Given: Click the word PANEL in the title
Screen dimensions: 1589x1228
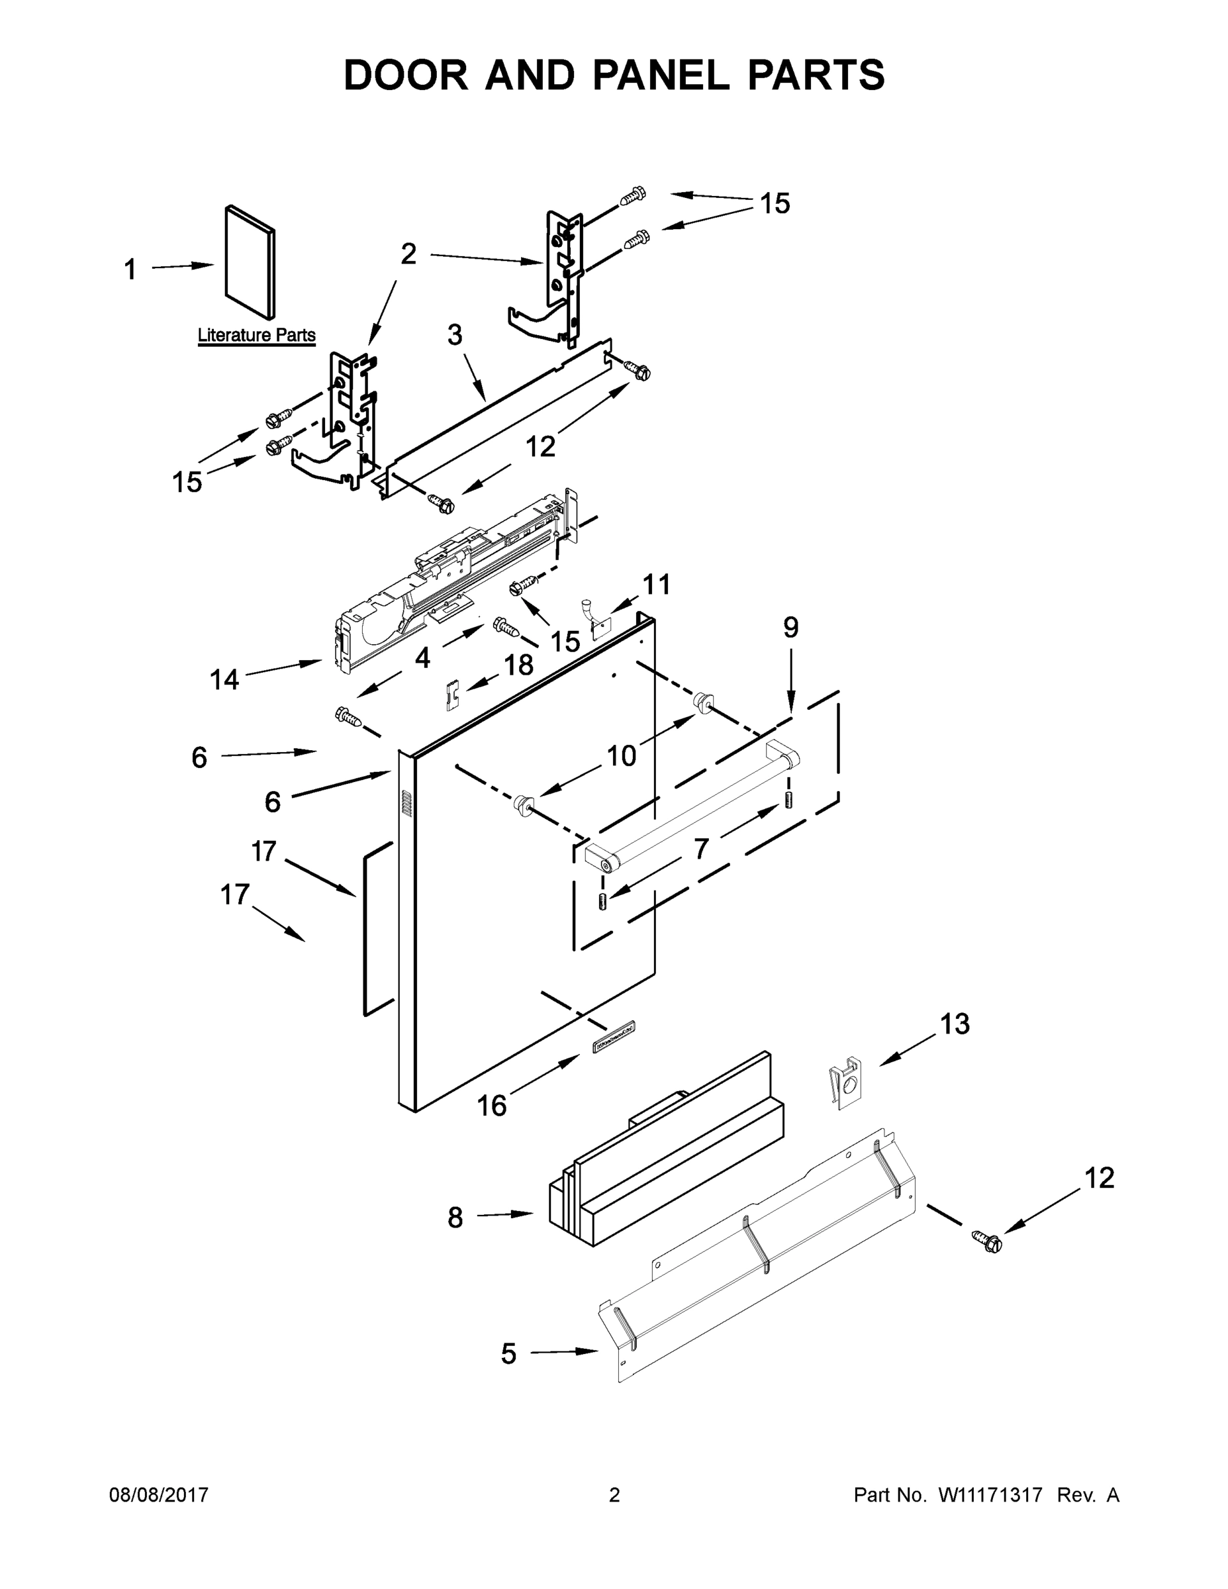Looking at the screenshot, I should (x=661, y=75).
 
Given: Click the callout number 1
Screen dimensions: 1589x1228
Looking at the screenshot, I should (x=130, y=271).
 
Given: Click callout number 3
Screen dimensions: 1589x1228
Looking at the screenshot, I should (x=455, y=336).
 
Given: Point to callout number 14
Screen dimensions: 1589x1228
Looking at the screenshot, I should (x=224, y=680).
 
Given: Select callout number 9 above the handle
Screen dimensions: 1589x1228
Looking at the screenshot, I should (x=791, y=627).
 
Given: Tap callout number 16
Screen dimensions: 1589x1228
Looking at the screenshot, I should (x=492, y=1106).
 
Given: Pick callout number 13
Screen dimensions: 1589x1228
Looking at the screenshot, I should (x=955, y=1024).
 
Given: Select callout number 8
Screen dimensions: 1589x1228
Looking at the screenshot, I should (x=455, y=1217).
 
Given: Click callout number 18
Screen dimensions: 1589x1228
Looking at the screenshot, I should (x=519, y=664).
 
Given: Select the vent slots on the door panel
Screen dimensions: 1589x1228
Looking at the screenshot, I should (x=406, y=803).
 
